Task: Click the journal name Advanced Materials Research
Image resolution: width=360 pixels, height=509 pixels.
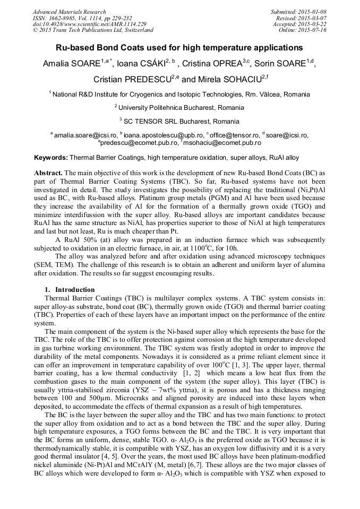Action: (69, 12)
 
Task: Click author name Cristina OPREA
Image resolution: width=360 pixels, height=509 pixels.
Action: (211, 65)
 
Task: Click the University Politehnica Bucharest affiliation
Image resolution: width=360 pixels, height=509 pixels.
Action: (182, 108)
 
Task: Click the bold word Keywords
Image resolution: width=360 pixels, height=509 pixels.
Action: (51, 158)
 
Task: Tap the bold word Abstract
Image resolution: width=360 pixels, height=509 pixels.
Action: (48, 174)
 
